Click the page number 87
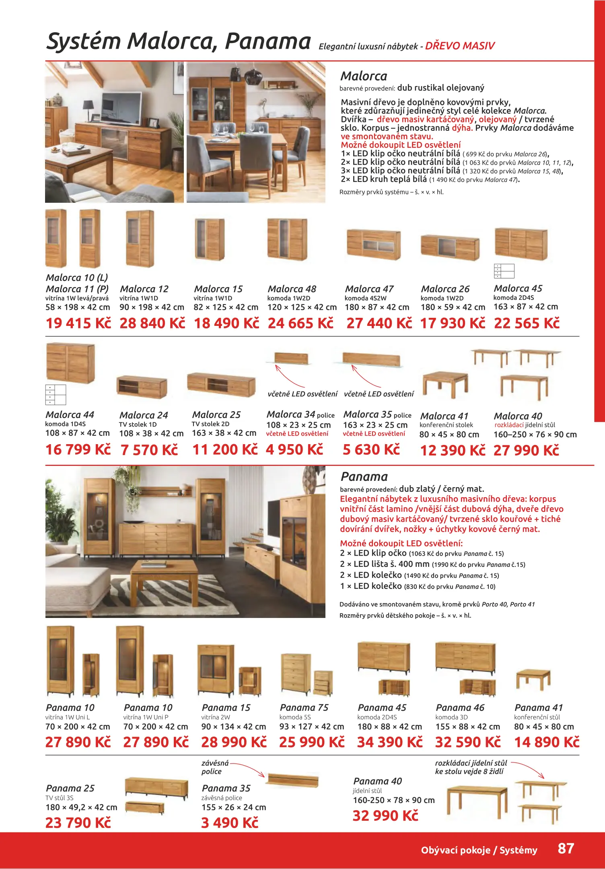click(x=566, y=848)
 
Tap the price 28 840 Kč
click(x=152, y=323)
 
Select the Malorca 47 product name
click(x=369, y=289)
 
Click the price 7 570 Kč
click(x=149, y=450)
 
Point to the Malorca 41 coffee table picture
click(x=445, y=384)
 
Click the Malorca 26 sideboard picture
click(x=450, y=246)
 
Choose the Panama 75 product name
click(x=304, y=707)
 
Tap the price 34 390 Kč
click(x=389, y=742)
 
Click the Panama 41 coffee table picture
click(x=533, y=679)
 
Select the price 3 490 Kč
click(x=229, y=823)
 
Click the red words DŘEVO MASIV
click(x=460, y=46)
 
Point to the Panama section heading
click(x=364, y=477)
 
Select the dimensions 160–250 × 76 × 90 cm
click(x=535, y=434)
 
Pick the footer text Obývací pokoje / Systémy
click(x=479, y=850)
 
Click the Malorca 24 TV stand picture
click(x=142, y=387)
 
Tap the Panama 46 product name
click(x=460, y=707)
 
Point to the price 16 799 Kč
click(x=78, y=449)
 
